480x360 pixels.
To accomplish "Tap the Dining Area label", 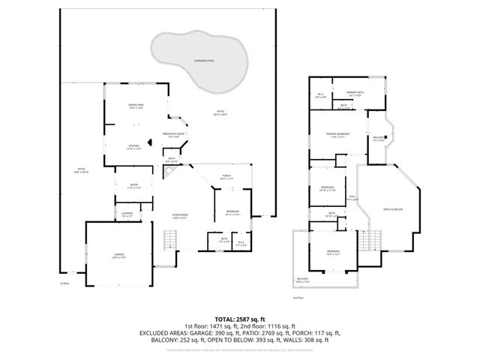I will tap(136, 106).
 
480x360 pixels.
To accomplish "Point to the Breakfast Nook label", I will tap(173, 135).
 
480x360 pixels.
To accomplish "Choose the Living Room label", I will tap(179, 217).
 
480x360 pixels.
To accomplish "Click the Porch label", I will tap(226, 178).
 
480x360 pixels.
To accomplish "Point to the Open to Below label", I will tap(393, 209).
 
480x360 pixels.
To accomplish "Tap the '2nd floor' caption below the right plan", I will tap(298, 298).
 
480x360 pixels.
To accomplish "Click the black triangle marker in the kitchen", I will tap(150, 140).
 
